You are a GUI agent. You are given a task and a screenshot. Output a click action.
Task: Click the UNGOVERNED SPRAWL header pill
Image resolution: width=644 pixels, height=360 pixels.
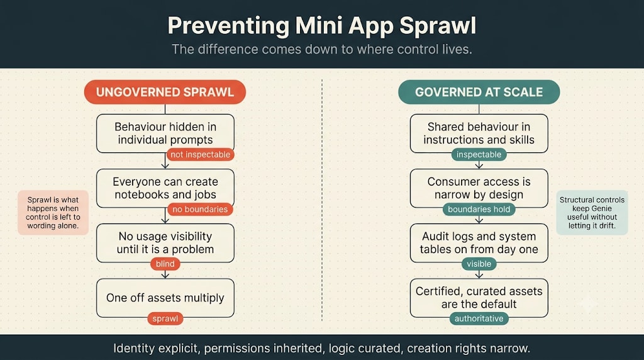[x=165, y=92]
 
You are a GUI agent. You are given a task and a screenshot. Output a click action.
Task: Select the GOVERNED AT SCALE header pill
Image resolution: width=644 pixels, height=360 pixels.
[x=479, y=92]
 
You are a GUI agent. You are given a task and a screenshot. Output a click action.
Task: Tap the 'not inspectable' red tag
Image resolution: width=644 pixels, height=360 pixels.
[x=201, y=155]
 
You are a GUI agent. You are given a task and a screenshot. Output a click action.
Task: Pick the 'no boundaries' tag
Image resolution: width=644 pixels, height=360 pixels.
[x=200, y=209]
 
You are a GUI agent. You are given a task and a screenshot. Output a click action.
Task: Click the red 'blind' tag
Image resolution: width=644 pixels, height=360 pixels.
[x=165, y=264]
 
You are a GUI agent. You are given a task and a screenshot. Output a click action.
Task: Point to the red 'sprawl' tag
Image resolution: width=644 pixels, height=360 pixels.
[x=165, y=318]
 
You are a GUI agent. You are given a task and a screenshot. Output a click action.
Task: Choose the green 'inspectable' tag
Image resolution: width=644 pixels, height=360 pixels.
[x=479, y=155]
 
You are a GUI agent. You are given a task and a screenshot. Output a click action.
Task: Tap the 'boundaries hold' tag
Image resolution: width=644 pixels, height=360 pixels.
[x=479, y=209]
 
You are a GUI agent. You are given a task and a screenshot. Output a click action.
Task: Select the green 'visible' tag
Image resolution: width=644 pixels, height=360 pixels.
[x=479, y=264]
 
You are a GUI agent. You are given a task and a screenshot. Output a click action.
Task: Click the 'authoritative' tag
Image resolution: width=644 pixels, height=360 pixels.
[x=479, y=318]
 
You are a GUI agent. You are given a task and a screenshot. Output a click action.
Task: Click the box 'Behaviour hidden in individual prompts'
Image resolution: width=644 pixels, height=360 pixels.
[x=165, y=133]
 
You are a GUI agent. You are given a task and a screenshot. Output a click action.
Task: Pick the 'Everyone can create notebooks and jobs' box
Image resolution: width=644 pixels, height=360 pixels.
[x=165, y=188]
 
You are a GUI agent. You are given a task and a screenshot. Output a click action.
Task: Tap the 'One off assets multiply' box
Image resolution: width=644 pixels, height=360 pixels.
[x=165, y=298]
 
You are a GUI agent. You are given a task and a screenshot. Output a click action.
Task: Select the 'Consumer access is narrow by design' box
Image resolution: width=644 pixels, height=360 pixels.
[x=479, y=188]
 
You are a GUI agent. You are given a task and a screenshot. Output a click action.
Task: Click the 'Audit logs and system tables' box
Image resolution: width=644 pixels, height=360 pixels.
[x=479, y=243]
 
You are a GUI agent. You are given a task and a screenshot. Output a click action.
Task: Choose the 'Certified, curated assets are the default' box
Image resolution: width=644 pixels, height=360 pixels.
[x=479, y=298]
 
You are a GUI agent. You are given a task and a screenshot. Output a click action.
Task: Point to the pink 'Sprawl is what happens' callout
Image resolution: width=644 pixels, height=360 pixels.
[x=53, y=213]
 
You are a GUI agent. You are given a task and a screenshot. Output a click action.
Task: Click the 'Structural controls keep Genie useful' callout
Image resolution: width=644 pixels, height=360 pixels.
[x=592, y=213]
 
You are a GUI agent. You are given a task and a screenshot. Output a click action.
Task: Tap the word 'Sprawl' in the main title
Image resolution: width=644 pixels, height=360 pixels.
[x=438, y=25]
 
